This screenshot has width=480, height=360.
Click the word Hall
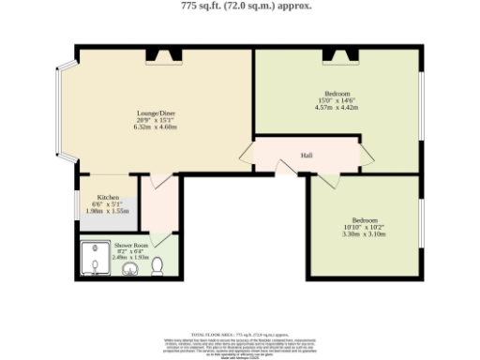pos(306,155)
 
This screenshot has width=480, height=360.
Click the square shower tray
pos(97,262)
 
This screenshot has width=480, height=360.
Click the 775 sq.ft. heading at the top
pos(240,6)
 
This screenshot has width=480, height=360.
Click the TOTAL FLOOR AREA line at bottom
pos(240,334)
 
